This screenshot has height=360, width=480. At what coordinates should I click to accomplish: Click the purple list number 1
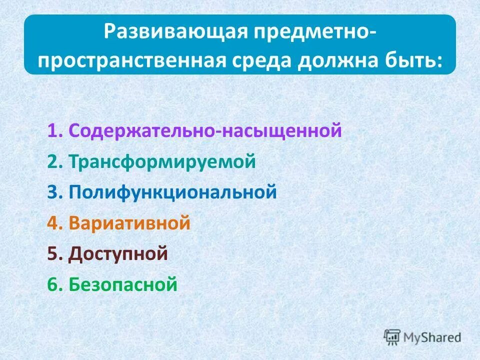53,131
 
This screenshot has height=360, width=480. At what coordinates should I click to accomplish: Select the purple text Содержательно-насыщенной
205,131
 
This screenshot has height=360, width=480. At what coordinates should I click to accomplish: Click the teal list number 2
53,162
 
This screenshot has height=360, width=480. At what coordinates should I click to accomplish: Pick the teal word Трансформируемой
162,162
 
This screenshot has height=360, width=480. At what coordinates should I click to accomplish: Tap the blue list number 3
53,192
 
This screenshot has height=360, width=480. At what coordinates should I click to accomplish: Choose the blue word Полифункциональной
172,192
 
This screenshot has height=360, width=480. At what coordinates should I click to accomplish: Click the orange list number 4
53,222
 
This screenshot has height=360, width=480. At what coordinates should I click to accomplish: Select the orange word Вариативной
130,222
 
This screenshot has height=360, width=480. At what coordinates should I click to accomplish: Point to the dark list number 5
53,254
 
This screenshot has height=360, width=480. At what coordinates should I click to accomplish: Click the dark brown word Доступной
118,254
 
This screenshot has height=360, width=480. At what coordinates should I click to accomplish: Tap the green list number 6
53,285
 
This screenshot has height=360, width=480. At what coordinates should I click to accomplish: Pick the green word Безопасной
123,285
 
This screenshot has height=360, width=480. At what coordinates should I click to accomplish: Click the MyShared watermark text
433,337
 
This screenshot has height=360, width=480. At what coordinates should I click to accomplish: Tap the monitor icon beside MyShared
392,336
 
